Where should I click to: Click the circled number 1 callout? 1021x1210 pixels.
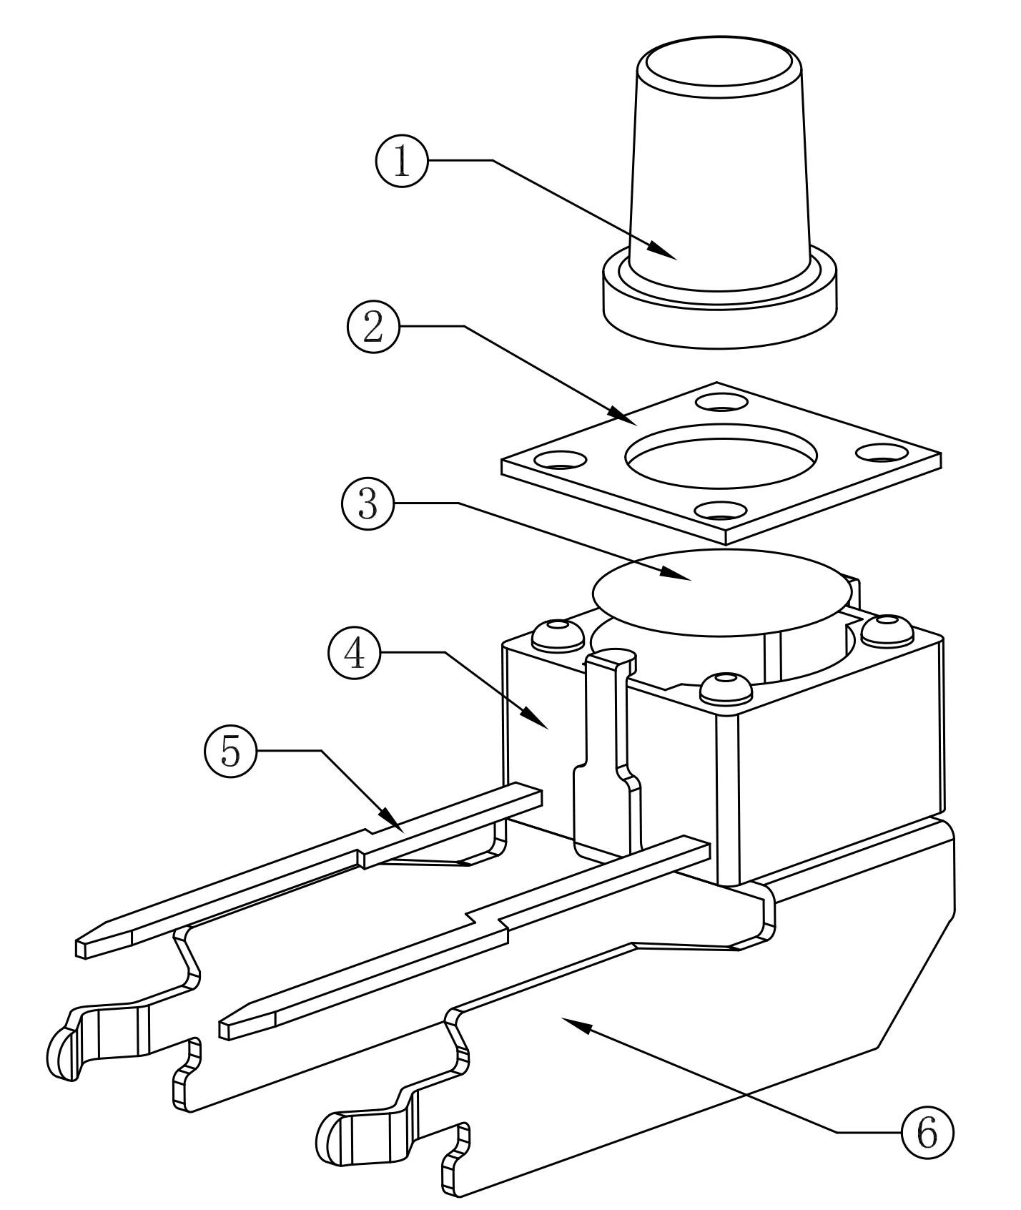[x=401, y=162]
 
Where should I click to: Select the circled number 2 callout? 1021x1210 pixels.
[x=373, y=327]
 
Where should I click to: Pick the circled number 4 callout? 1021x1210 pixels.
[x=355, y=653]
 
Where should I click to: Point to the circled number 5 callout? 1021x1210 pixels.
[x=230, y=751]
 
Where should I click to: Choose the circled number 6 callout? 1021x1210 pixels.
[x=927, y=1132]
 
